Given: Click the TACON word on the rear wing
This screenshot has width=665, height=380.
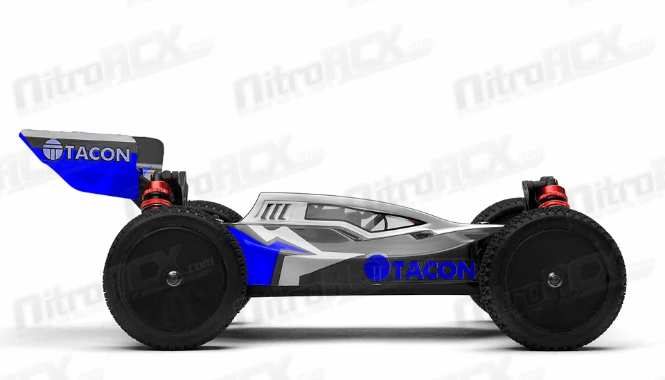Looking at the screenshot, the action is [x=97, y=154].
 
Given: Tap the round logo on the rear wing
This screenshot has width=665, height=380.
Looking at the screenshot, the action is [x=53, y=150].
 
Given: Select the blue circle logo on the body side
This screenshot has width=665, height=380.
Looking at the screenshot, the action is [x=377, y=267].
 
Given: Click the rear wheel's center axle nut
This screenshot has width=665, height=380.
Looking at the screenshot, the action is [x=173, y=278].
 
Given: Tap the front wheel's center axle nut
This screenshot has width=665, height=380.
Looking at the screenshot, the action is [x=553, y=279].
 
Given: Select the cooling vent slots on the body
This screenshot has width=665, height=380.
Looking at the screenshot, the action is [x=276, y=210].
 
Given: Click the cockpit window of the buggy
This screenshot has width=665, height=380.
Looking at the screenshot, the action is [x=360, y=217].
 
